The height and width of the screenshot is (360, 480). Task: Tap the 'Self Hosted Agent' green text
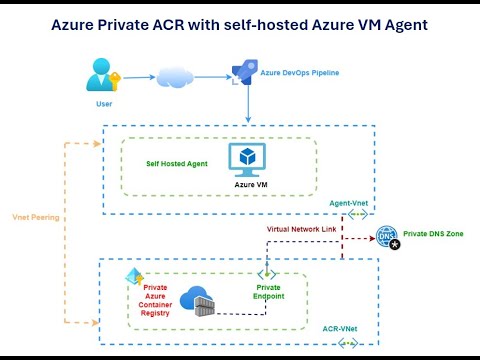point(177,161)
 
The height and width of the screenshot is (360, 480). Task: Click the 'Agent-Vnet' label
point(351,203)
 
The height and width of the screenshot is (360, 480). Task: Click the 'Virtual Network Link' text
point(299,228)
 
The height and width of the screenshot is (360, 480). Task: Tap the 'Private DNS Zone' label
point(435,233)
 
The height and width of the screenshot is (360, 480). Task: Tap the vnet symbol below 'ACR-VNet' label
point(349,343)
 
